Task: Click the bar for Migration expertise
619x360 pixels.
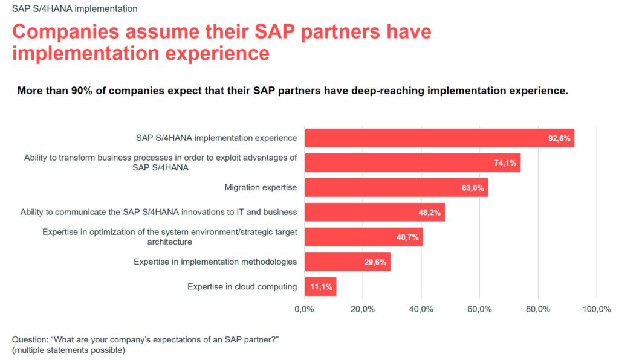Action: (x=396, y=187)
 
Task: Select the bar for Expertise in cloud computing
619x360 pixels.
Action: (x=320, y=286)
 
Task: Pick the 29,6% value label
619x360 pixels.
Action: (x=376, y=262)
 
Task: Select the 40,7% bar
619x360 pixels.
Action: (x=363, y=237)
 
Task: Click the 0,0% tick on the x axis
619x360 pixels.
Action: (x=304, y=309)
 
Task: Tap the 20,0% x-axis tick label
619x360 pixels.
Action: (x=363, y=309)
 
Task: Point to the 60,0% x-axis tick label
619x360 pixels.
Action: (x=479, y=309)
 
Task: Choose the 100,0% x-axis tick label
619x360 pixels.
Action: (x=597, y=309)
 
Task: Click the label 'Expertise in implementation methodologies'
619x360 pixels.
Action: (x=215, y=262)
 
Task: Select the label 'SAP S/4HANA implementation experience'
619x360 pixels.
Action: (x=216, y=138)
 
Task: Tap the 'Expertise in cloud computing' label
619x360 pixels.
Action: (x=242, y=286)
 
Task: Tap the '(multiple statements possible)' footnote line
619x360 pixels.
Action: (x=68, y=350)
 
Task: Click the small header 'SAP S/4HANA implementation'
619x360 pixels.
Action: (x=74, y=9)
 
